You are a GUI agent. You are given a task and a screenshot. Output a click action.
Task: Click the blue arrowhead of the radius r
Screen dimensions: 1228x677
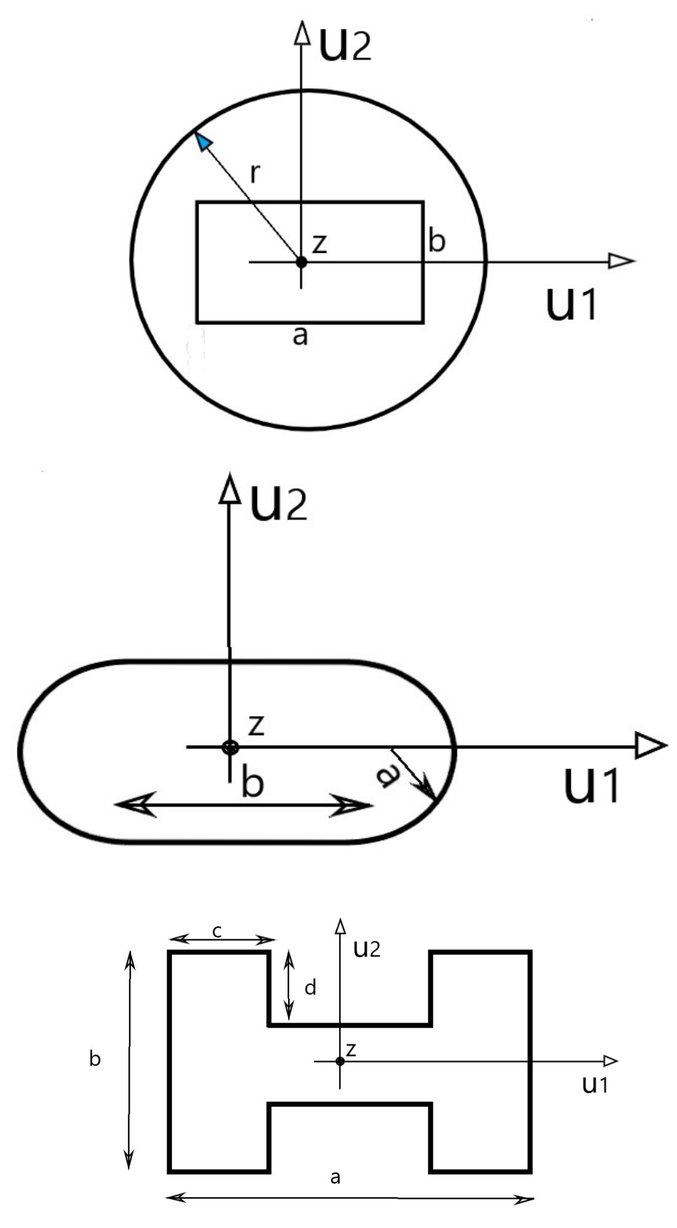point(203,141)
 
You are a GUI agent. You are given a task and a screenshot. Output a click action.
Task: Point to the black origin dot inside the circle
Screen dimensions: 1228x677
point(301,261)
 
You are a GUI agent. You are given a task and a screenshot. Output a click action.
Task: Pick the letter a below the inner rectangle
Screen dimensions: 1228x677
point(300,335)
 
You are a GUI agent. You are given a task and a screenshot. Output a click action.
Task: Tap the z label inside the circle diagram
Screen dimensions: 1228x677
point(320,243)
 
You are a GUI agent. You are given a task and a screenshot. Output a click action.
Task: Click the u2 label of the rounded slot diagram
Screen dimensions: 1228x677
point(279,504)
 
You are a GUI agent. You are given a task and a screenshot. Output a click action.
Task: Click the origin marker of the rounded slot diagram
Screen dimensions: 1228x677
point(230,747)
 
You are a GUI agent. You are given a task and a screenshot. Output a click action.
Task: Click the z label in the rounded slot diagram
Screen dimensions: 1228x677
point(256,725)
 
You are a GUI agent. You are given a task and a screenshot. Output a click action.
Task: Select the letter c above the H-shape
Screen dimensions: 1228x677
point(217,932)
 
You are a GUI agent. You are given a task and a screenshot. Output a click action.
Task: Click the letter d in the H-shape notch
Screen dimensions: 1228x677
point(310,988)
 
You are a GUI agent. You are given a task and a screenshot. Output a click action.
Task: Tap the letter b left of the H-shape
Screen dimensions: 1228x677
point(95,1058)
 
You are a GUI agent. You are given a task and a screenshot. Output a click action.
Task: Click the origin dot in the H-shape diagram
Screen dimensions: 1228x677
point(340,1061)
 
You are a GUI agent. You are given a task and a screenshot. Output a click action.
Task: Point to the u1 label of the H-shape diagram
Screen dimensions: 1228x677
point(595,1084)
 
